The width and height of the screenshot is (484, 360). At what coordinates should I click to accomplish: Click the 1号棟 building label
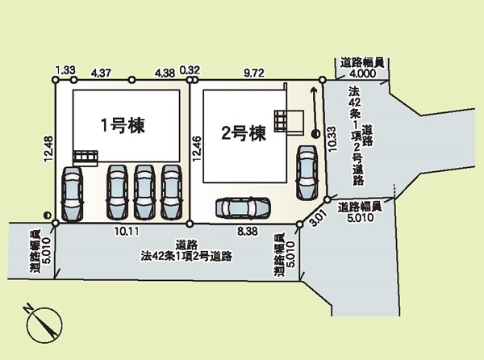click(123, 125)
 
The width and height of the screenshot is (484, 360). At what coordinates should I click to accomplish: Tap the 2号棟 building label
click(244, 134)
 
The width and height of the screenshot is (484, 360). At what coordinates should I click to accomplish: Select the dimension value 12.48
click(48, 149)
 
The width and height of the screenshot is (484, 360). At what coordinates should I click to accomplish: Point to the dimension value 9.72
click(254, 73)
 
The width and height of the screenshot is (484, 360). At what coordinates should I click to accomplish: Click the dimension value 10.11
click(127, 231)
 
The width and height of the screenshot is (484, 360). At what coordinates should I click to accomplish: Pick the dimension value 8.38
click(248, 231)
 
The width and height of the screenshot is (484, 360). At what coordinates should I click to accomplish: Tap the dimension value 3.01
click(318, 219)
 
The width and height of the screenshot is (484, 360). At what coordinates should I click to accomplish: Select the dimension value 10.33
click(332, 139)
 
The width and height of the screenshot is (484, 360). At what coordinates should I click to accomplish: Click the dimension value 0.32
click(190, 70)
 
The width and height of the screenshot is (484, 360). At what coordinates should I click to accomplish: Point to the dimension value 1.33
click(65, 70)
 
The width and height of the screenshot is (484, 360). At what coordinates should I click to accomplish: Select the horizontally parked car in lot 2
click(244, 208)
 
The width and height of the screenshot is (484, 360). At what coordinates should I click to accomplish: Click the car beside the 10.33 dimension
click(307, 172)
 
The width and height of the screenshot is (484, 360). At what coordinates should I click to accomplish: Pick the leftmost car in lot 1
click(73, 194)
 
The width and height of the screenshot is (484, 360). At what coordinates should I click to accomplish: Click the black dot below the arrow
click(315, 134)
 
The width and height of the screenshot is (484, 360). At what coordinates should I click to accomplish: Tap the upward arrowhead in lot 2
click(314, 90)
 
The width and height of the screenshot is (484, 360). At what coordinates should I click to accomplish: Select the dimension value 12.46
click(198, 149)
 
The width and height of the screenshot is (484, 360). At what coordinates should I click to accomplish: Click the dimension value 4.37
click(102, 73)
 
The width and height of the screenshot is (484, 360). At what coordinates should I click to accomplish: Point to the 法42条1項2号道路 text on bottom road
click(186, 256)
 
